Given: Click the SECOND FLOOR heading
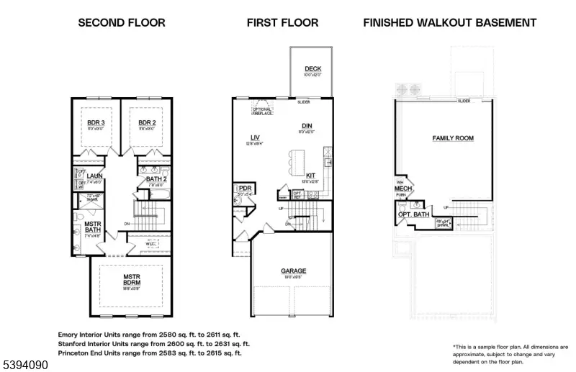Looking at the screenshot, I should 121,22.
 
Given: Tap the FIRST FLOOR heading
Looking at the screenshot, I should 282,22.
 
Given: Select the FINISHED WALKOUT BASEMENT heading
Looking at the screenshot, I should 449,22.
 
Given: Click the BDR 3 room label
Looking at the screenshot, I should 96,123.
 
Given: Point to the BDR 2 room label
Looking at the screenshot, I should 148,123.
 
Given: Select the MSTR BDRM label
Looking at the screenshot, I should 130,279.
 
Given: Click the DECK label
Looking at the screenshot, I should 312,69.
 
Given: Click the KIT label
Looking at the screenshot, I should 310,175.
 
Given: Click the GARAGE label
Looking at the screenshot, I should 293,271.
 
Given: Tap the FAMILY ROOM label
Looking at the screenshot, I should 453,137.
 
